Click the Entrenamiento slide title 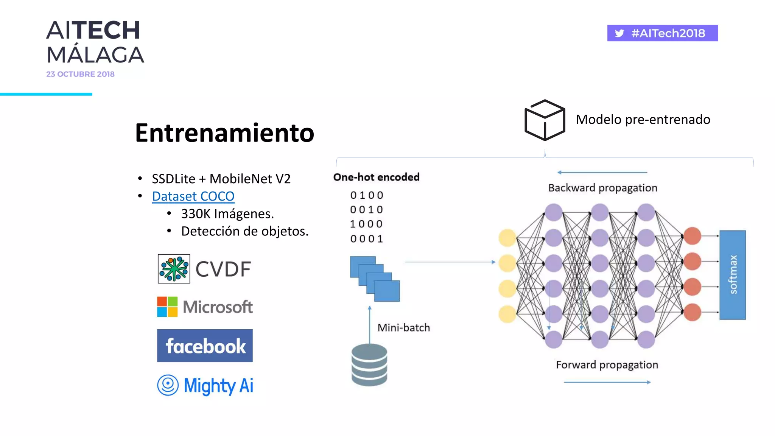click(224, 133)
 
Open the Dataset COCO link click(193, 196)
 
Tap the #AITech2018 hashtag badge click(662, 33)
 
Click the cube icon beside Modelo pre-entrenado click(545, 120)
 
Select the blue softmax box click(732, 275)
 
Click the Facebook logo click(205, 346)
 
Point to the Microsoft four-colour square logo click(167, 307)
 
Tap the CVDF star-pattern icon click(174, 269)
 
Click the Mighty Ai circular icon click(168, 385)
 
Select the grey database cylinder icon click(369, 365)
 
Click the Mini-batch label click(404, 327)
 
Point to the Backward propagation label click(602, 188)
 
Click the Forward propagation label click(607, 364)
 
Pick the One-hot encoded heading click(376, 177)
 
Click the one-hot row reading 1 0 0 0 click(366, 224)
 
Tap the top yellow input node click(507, 238)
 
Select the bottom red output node click(692, 312)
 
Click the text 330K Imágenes click(227, 214)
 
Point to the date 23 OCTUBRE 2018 click(80, 74)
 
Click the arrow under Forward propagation click(607, 382)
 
